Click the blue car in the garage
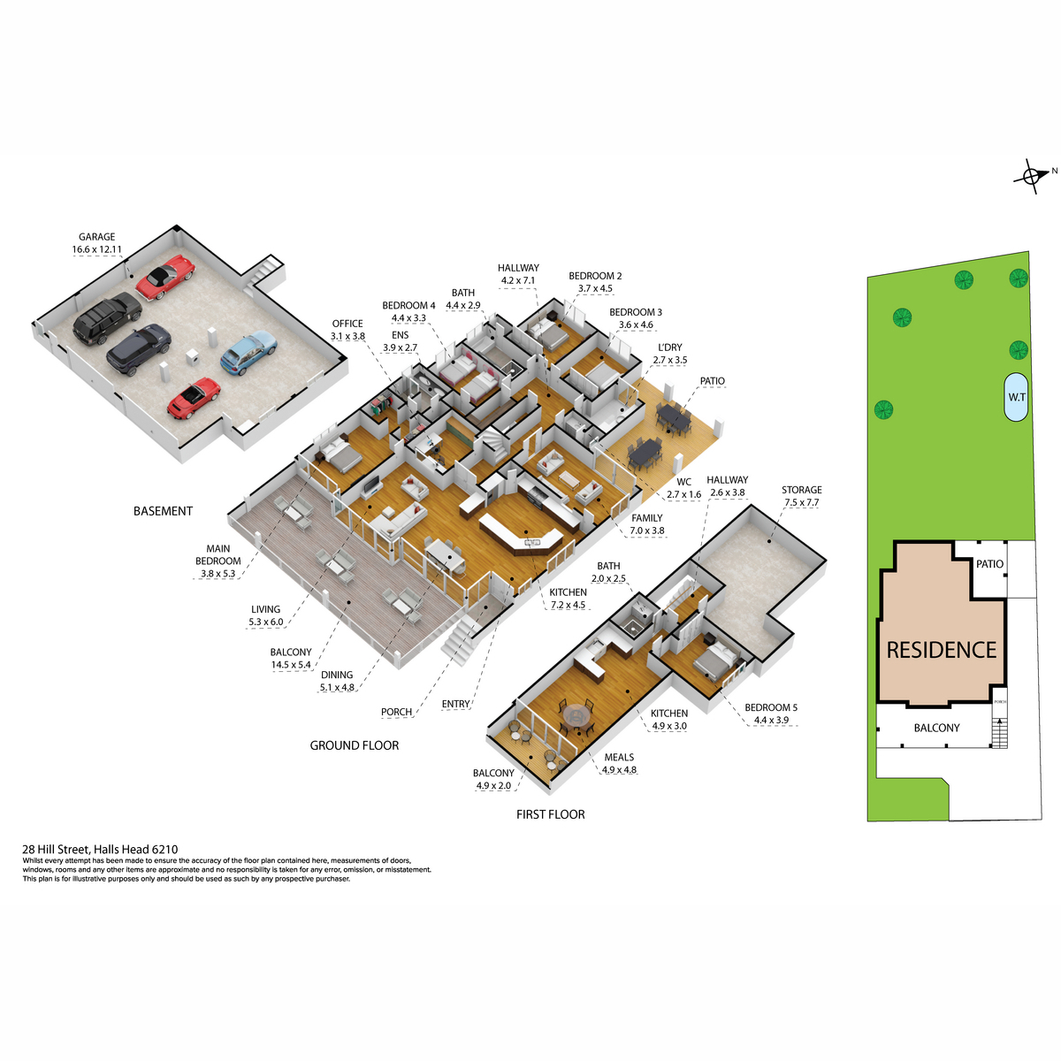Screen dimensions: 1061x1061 point(248,352)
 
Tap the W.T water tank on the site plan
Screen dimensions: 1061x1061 point(1016,397)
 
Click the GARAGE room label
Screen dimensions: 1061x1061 point(97,237)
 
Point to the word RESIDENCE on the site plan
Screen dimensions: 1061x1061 point(941,650)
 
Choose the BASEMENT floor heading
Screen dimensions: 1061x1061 point(163,511)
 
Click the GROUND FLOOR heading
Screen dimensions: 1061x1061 point(354,745)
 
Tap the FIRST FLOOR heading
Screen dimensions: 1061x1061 point(550,814)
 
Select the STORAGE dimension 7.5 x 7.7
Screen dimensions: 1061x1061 point(801,502)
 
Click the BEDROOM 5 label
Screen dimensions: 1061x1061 point(771,707)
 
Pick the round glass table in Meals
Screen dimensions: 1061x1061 point(576,716)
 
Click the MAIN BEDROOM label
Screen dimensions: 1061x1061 point(218,554)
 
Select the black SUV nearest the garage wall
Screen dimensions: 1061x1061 point(107,317)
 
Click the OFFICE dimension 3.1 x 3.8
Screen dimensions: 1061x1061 point(347,336)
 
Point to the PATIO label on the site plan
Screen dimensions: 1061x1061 point(989,564)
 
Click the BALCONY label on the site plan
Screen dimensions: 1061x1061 point(936,728)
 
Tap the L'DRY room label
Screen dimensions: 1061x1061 point(670,347)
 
